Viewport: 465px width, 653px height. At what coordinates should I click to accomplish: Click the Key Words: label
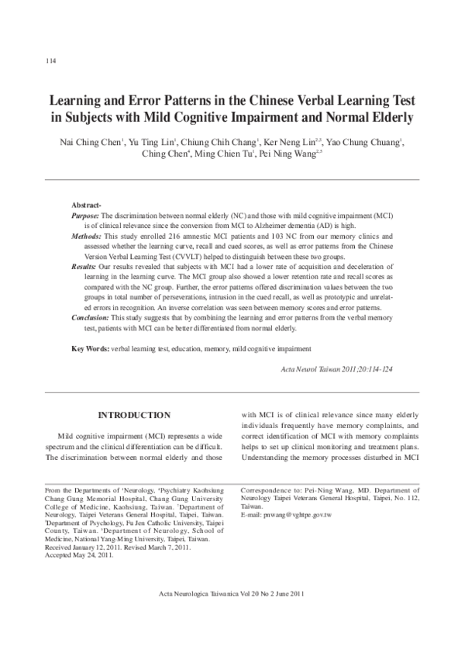tap(91, 349)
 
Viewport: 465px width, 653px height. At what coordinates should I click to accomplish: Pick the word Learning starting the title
tap(77, 102)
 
